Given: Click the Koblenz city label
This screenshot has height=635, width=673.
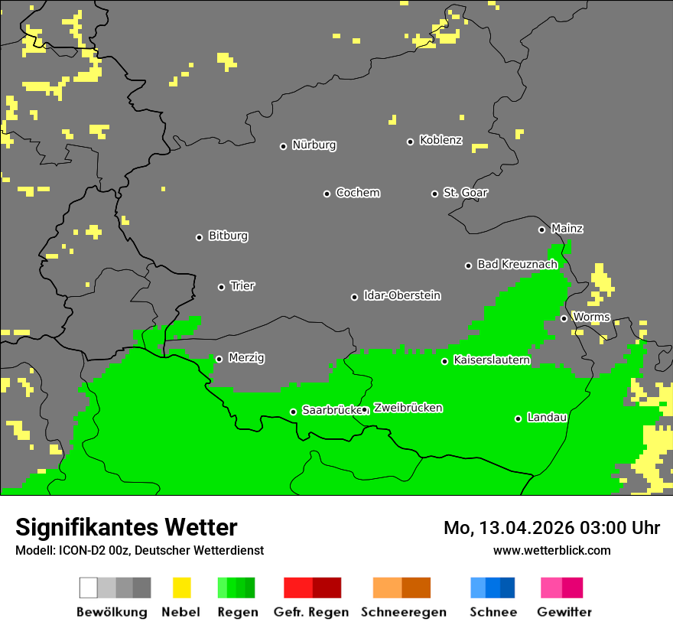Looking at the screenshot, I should (x=441, y=141).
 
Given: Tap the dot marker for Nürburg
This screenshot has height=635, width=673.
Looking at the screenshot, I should (x=283, y=146).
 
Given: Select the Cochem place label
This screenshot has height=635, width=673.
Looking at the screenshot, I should (x=357, y=193).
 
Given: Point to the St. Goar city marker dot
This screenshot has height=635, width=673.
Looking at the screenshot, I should (x=434, y=194).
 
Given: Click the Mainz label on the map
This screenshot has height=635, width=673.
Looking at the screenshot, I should (x=567, y=229).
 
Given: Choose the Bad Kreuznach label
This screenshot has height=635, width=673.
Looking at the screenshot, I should (x=517, y=265).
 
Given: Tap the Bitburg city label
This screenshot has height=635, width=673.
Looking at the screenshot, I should (x=228, y=236).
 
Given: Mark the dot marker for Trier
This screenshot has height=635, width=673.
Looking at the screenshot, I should (x=222, y=287).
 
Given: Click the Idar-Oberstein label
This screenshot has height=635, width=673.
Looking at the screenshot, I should (x=402, y=296).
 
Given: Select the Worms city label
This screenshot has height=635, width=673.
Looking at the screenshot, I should (x=591, y=317).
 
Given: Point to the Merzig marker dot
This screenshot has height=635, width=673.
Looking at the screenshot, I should (x=219, y=359).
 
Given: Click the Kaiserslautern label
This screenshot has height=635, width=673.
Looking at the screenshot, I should (x=492, y=360).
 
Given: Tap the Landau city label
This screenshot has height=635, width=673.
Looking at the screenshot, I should (x=547, y=418).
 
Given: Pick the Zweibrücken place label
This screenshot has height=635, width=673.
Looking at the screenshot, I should (x=408, y=409).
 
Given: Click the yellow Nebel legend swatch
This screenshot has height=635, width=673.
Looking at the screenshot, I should (x=181, y=588).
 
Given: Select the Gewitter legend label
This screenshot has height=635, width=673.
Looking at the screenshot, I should (x=564, y=612).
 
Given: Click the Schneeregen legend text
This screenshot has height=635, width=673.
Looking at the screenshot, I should (x=403, y=612).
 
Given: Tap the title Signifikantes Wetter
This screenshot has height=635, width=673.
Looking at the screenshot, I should (x=126, y=527).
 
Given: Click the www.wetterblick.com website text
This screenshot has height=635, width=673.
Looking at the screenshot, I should (x=551, y=550).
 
